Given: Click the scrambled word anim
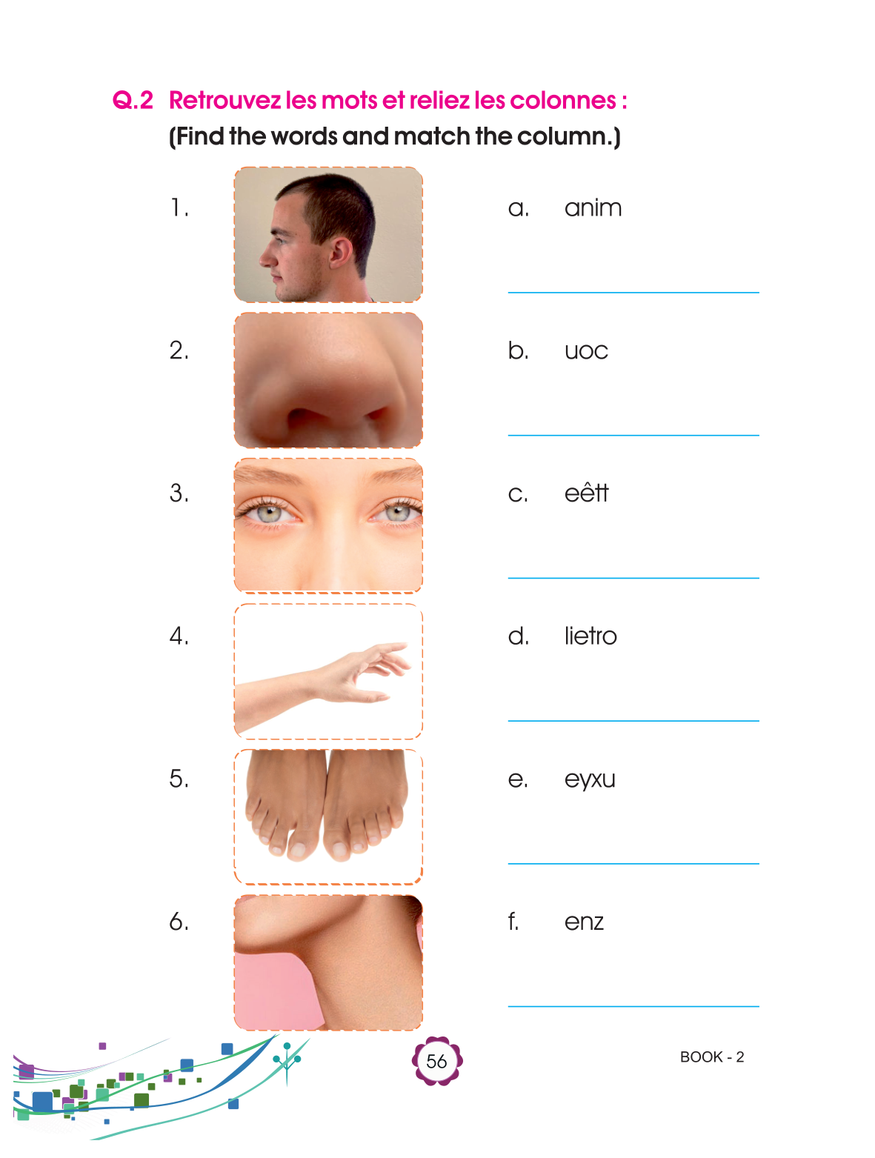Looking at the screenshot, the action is point(593,208).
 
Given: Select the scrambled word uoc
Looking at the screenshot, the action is point(586,351).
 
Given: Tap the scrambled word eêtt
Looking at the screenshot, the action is point(586,493).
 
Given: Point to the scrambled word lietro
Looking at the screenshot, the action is point(590,636).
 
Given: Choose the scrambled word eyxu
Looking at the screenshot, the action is point(590,780).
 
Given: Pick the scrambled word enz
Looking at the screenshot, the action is point(584,922).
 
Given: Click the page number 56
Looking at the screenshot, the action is point(436,1061).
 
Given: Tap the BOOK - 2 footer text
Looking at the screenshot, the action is point(711,1056).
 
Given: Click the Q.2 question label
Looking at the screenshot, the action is point(133,100).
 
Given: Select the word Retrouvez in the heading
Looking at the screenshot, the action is point(224,100).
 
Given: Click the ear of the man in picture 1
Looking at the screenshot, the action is point(340,251).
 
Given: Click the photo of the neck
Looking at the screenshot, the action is point(328,962).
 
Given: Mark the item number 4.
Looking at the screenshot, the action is point(179,636).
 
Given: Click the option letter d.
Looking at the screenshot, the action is point(518,636).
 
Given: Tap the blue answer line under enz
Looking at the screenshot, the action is point(633,1006).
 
